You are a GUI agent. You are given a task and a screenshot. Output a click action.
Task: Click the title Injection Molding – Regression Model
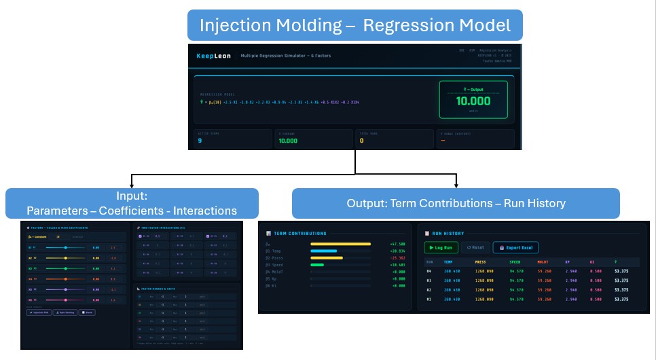tap(355, 25)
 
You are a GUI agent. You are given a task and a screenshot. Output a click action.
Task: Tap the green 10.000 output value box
tap(472, 101)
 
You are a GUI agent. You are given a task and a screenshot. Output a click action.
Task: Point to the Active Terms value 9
tap(200, 141)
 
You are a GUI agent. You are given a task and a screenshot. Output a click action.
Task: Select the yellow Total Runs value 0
tap(362, 141)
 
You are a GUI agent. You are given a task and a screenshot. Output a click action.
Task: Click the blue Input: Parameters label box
tap(132, 203)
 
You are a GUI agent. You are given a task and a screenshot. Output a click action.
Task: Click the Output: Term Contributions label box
tap(456, 203)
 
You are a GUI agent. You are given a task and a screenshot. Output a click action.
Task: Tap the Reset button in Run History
tap(475, 248)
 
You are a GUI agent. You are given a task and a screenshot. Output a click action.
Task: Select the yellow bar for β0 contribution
tap(340, 243)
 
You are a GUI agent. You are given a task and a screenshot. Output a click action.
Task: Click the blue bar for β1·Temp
tap(323, 251)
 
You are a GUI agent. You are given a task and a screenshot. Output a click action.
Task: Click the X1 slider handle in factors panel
tap(65, 248)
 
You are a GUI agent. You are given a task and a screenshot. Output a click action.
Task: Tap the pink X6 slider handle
tap(65, 300)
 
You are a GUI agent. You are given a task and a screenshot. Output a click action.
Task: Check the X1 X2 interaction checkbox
tap(141, 236)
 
